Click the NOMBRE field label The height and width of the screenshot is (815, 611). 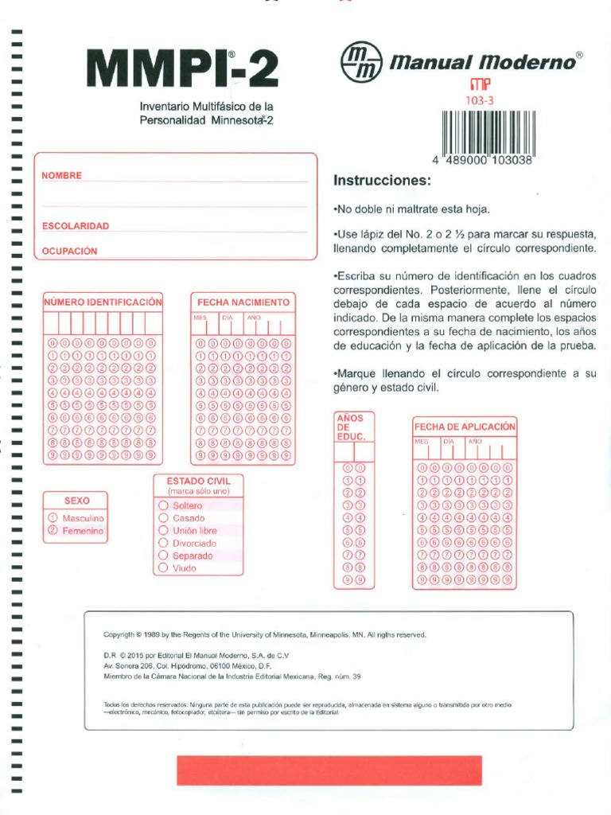(x=61, y=175)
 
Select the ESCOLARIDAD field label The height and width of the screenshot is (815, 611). (x=75, y=226)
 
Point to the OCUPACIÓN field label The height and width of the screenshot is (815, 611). (x=69, y=251)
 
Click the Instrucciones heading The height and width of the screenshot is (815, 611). (x=381, y=181)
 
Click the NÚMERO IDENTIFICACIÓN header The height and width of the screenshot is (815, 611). (x=103, y=302)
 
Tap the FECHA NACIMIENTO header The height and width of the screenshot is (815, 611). (x=243, y=302)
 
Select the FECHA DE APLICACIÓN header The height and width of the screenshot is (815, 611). (x=465, y=427)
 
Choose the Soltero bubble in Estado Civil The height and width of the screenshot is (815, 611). (x=163, y=505)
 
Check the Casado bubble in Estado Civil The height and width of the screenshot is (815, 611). (x=163, y=518)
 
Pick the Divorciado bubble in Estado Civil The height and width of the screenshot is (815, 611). (x=163, y=544)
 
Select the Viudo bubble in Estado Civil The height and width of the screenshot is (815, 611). (x=163, y=568)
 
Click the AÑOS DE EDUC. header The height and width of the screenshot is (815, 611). (x=350, y=427)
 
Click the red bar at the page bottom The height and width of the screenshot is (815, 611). (x=329, y=771)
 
